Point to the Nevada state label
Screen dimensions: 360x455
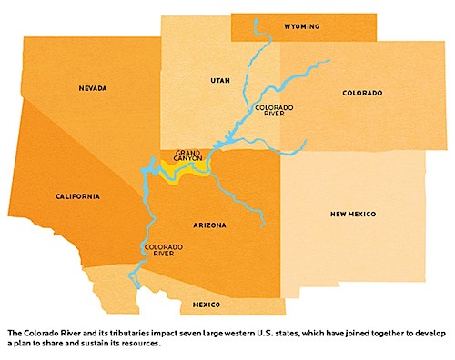(x=92, y=87)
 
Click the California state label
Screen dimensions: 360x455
(x=76, y=195)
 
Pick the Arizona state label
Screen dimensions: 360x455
(x=209, y=224)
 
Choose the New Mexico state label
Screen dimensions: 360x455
(x=352, y=214)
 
